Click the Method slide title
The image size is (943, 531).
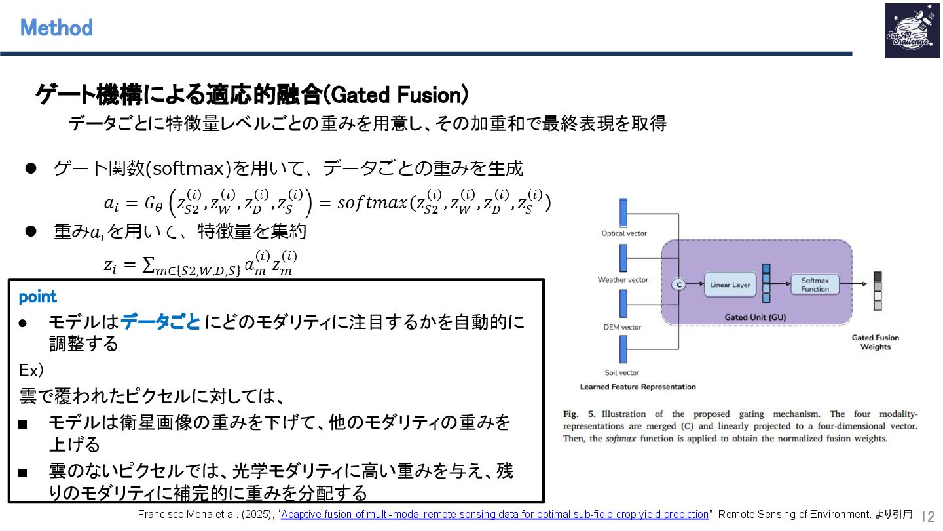(56, 28)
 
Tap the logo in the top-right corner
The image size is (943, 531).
(908, 30)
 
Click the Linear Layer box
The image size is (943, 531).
(730, 285)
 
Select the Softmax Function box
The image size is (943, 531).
(815, 285)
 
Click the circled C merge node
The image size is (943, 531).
(678, 285)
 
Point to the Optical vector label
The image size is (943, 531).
(623, 233)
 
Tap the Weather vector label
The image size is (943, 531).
(622, 280)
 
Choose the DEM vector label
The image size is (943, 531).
(622, 327)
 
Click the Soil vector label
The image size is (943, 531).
(622, 373)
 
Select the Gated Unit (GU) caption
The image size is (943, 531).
(755, 317)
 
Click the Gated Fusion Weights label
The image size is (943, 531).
(875, 342)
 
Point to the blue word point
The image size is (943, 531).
(38, 297)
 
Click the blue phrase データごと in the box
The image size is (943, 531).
(160, 323)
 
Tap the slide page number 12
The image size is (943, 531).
(927, 516)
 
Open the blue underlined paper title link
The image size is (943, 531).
(495, 515)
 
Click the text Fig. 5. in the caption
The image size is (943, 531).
(579, 414)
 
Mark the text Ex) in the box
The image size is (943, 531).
(31, 370)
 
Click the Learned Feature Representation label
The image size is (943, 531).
(638, 387)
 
